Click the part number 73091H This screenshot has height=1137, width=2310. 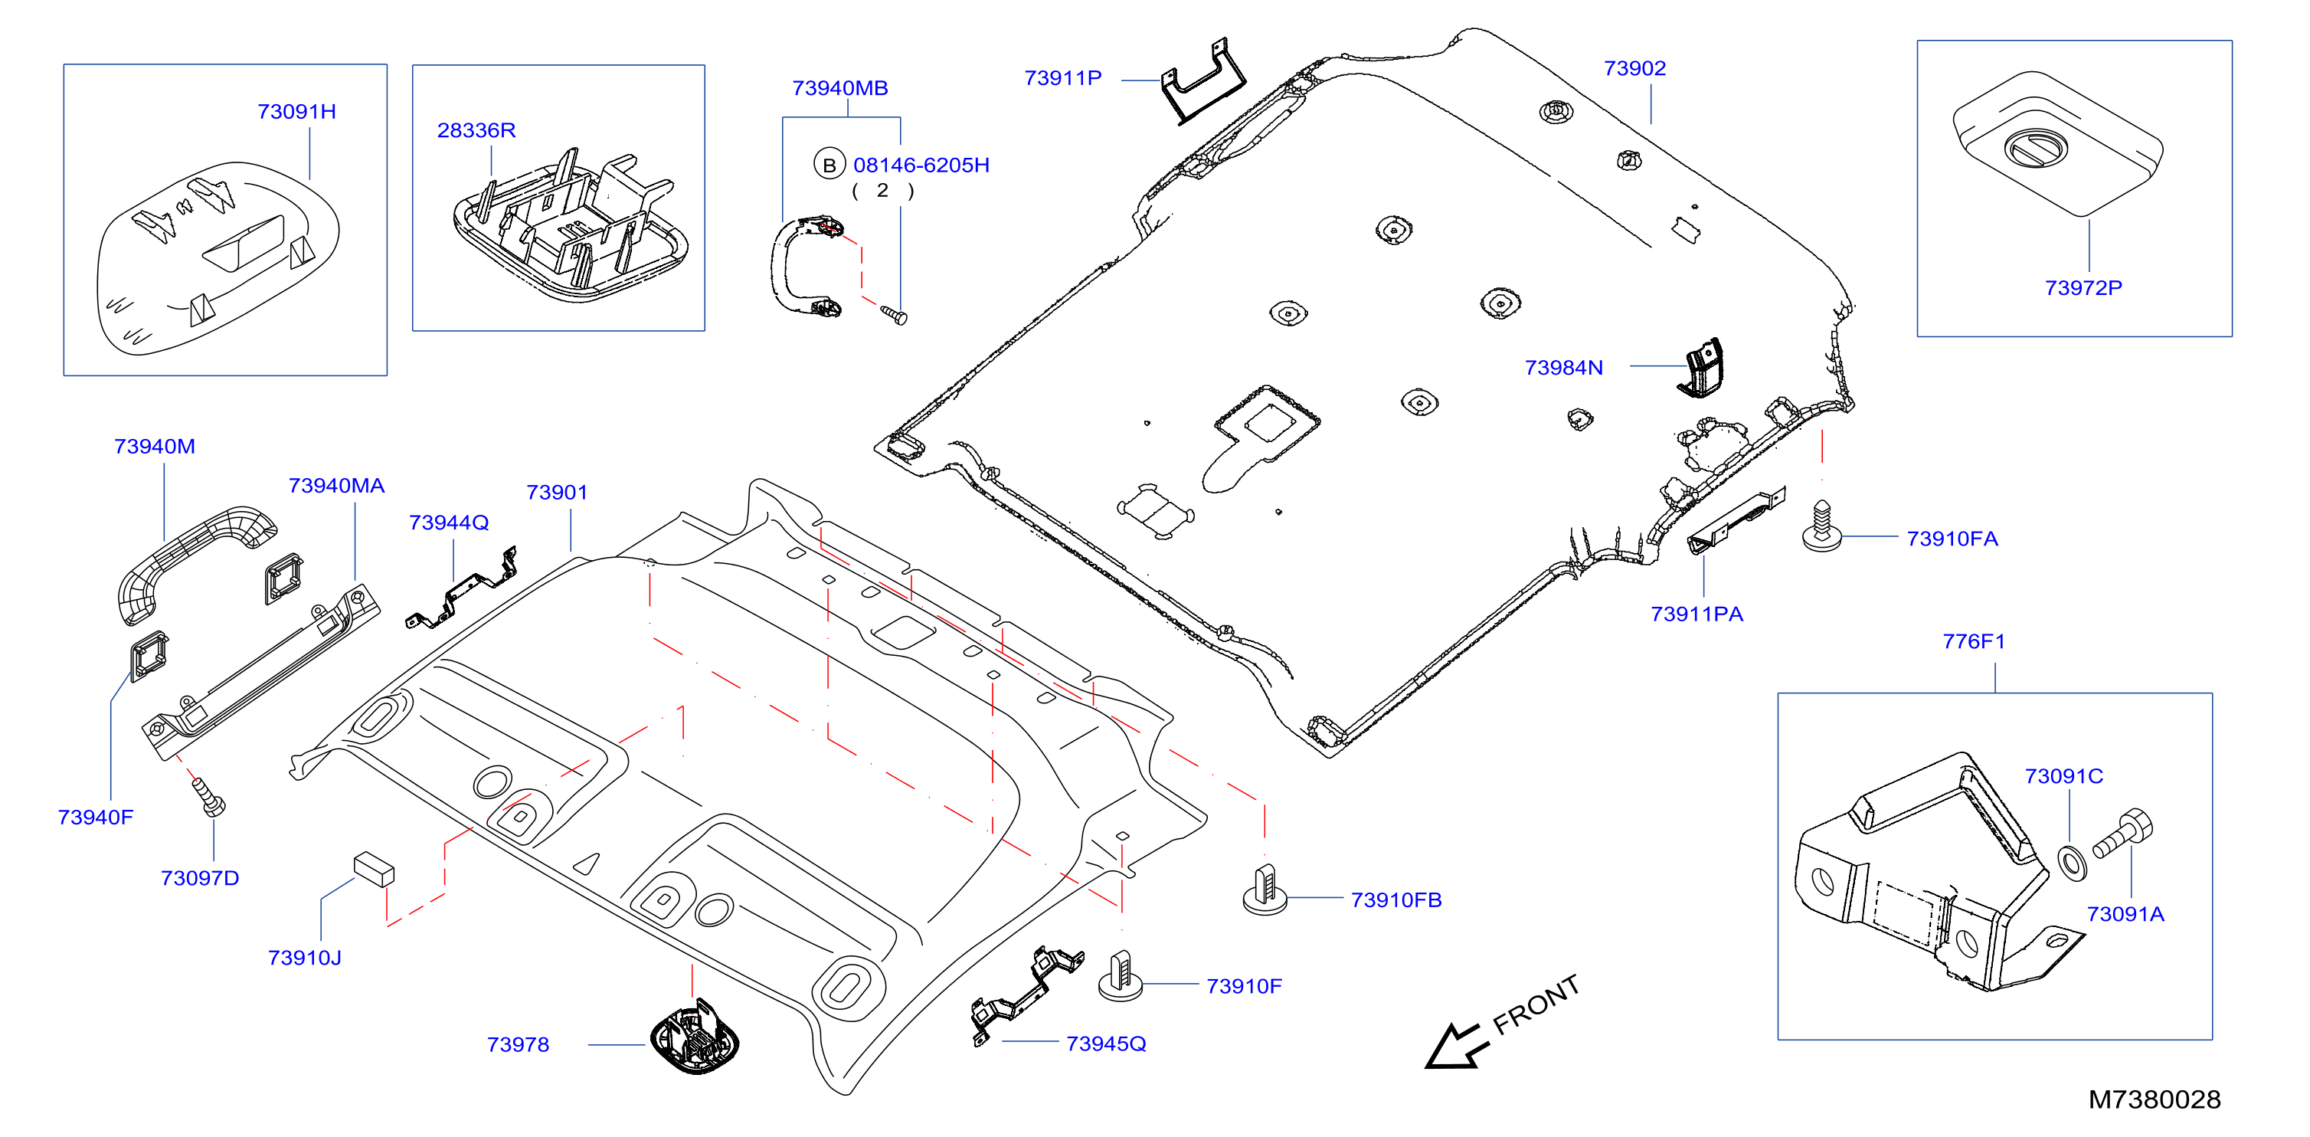tap(297, 111)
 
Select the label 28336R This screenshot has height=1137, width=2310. tap(476, 130)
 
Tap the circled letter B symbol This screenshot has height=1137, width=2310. tap(829, 165)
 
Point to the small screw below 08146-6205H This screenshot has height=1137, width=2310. tap(894, 315)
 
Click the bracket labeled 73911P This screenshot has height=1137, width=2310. tap(1203, 83)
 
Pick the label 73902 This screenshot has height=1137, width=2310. tap(1634, 68)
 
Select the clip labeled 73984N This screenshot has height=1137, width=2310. tap(1701, 368)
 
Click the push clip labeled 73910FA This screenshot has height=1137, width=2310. tap(1821, 526)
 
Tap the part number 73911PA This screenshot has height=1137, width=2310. tap(1697, 614)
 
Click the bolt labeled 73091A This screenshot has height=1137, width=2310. tap(2122, 834)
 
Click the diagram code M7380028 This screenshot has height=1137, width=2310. tap(2154, 1099)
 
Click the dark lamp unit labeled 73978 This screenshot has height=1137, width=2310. tap(694, 1038)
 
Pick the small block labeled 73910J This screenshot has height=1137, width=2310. tap(374, 868)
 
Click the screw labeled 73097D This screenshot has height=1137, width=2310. tap(208, 797)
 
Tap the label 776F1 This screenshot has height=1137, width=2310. tap(1973, 641)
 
